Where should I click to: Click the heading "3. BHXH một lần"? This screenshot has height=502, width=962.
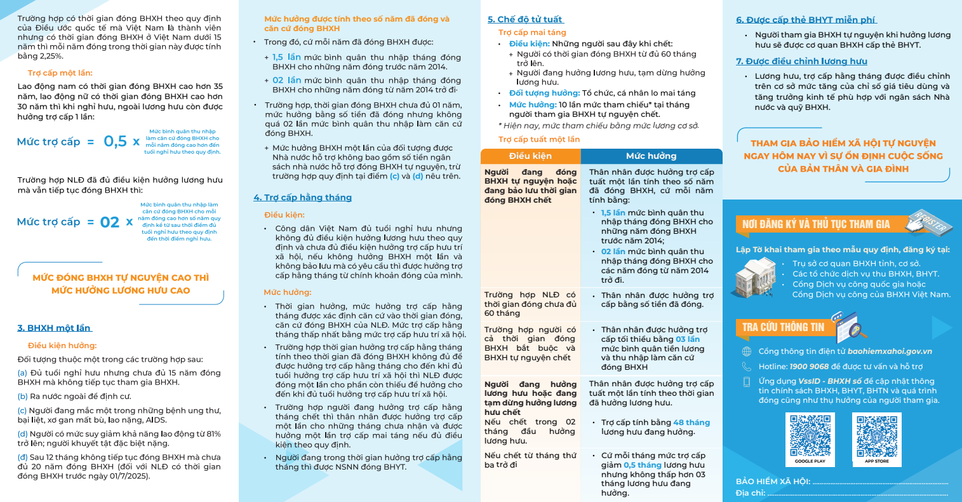pos(55,328)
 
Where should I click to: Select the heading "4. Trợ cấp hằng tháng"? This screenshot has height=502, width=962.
pos(302,198)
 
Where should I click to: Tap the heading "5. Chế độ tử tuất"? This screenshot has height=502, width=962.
pos(525,20)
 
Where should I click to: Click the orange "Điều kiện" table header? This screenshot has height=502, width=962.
pos(530,156)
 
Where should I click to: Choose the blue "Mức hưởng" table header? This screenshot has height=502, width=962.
pos(651,156)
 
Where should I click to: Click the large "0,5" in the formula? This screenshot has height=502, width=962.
pos(116,141)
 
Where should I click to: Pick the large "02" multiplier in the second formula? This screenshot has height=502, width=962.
pos(110,222)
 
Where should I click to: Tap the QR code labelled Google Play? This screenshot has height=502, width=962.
pos(810,436)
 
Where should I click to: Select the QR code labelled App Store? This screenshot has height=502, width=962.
pos(877,436)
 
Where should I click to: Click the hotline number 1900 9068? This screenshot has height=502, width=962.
pos(809,367)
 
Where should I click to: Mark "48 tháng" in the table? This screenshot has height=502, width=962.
pos(691,423)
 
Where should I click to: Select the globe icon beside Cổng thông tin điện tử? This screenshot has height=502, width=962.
pos(747,351)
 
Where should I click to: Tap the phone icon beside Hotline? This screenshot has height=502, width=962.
pos(747,367)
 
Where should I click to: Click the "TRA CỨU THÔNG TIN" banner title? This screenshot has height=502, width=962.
pos(783,327)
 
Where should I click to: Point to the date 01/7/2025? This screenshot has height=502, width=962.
pos(127,476)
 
